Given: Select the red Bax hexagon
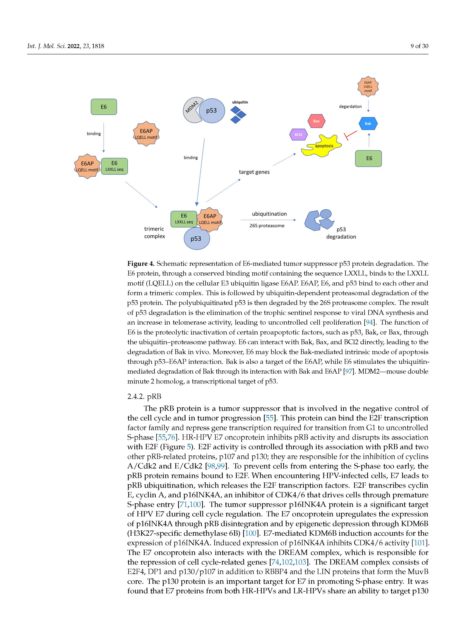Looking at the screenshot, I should [x=316, y=121].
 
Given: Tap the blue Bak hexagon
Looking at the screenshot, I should [x=368, y=123].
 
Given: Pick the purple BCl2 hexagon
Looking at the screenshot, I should [x=298, y=135].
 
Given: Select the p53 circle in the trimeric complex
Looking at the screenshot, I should [x=196, y=239].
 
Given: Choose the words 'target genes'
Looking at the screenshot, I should [x=254, y=172].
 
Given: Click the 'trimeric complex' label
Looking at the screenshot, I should [x=154, y=233].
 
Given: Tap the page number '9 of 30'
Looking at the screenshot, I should [x=419, y=46].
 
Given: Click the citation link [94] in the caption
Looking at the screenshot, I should [x=369, y=323].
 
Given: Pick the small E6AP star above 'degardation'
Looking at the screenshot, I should [x=368, y=86].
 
